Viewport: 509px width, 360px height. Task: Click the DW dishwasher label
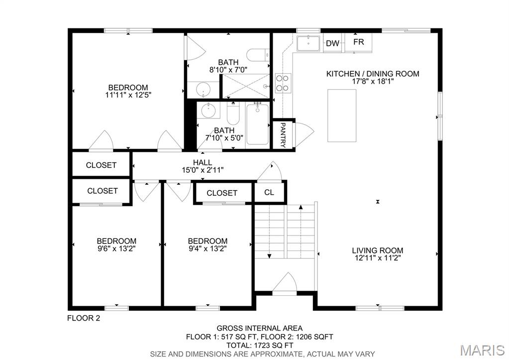click(x=332, y=44)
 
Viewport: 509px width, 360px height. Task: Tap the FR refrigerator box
click(x=359, y=42)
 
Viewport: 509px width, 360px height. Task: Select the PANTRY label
click(x=283, y=135)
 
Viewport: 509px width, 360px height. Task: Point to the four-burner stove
click(x=283, y=83)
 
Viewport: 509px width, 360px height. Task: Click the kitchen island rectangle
click(x=342, y=115)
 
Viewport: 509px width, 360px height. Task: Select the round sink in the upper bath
click(x=203, y=90)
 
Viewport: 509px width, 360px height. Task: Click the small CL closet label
click(x=269, y=192)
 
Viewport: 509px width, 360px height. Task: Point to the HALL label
click(x=203, y=162)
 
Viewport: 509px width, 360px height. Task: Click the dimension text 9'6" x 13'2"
click(x=116, y=249)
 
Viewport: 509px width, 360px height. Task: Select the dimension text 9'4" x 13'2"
click(x=207, y=249)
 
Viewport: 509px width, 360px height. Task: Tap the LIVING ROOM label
click(x=377, y=250)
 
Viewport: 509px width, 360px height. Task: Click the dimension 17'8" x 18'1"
click(x=373, y=82)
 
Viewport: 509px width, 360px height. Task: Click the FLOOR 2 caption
click(x=84, y=318)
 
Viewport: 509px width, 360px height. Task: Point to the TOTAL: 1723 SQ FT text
click(x=259, y=345)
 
